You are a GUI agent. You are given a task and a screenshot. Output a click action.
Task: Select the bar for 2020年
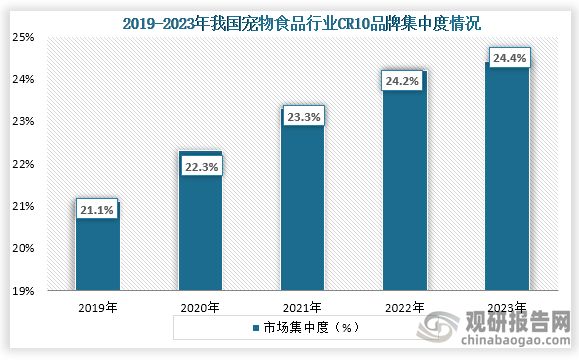200,230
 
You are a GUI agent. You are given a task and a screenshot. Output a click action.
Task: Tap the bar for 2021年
302,210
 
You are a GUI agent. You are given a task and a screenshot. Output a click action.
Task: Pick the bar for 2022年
404,190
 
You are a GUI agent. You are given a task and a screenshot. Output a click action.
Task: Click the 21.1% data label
97,210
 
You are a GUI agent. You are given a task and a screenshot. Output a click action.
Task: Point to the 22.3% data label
200,167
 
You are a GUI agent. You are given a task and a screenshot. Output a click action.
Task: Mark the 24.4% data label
507,59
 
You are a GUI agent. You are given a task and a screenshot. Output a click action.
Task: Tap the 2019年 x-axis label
97,307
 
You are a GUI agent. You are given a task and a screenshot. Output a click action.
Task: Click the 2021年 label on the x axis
302,307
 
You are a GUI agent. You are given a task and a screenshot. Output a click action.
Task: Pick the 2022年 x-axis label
404,307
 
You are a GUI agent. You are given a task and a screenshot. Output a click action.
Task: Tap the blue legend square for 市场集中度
255,327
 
